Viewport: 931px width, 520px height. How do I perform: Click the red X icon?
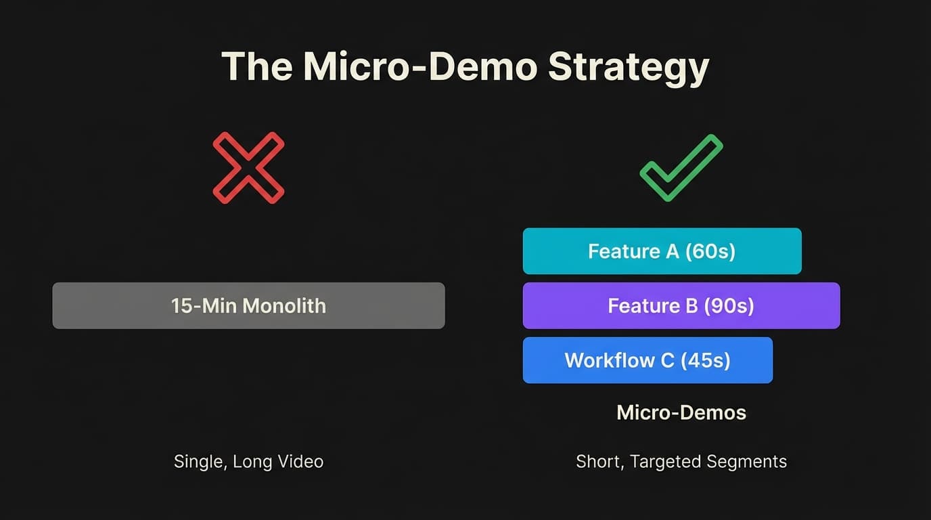point(248,168)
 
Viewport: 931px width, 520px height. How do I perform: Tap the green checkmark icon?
point(681,168)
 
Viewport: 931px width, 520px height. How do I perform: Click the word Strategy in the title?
point(629,66)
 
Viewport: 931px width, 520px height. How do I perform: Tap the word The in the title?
point(256,66)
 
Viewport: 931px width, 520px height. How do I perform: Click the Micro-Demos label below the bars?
point(681,412)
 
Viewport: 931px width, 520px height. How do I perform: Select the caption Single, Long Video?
point(248,462)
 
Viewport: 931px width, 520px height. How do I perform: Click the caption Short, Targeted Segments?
point(681,462)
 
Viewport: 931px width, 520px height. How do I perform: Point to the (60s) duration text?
point(710,251)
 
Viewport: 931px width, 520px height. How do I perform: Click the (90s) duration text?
point(729,305)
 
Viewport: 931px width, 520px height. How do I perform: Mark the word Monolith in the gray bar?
point(284,305)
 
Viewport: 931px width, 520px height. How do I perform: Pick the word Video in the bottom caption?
point(302,462)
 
